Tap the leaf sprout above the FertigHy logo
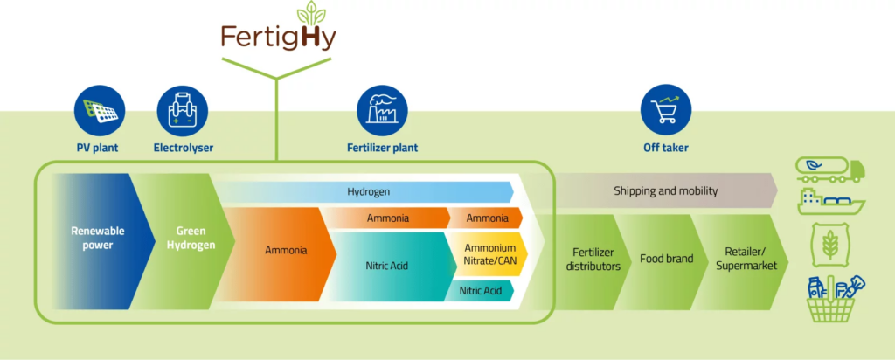click(308, 13)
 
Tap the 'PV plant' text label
click(98, 148)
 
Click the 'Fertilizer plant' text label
click(383, 148)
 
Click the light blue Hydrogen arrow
click(367, 191)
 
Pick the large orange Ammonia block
click(285, 251)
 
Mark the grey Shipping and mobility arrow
click(664, 191)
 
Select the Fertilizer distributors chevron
click(595, 260)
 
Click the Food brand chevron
click(666, 260)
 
